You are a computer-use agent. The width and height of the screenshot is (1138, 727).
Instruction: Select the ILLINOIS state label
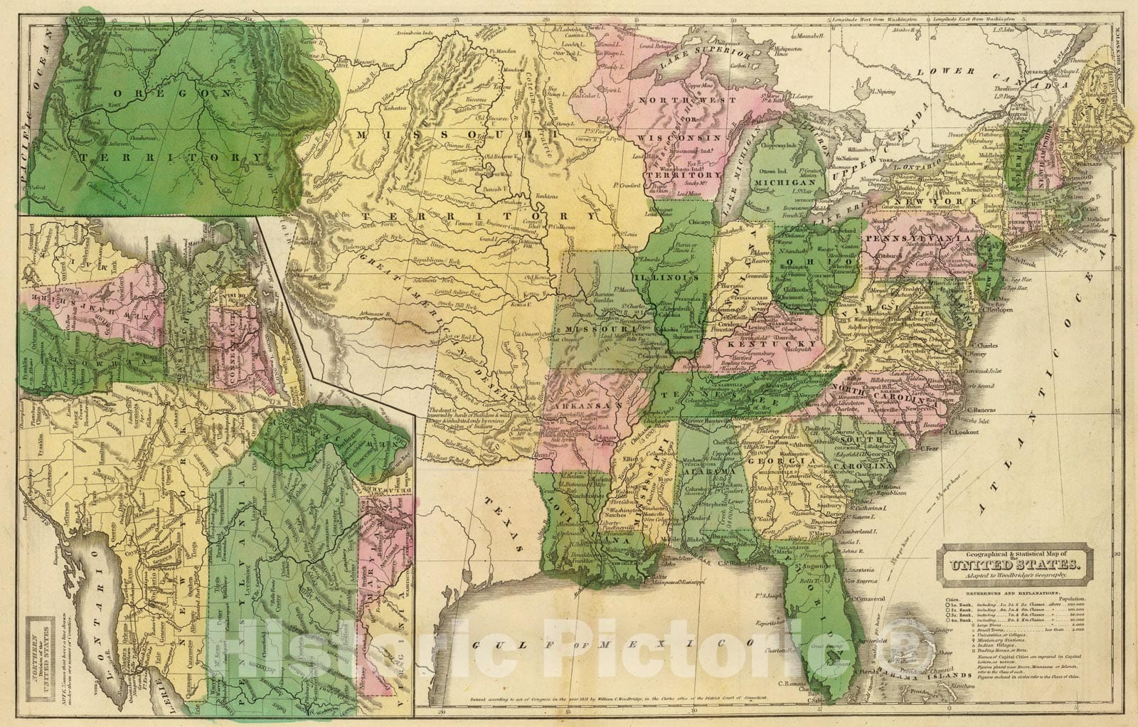tap(665, 276)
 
